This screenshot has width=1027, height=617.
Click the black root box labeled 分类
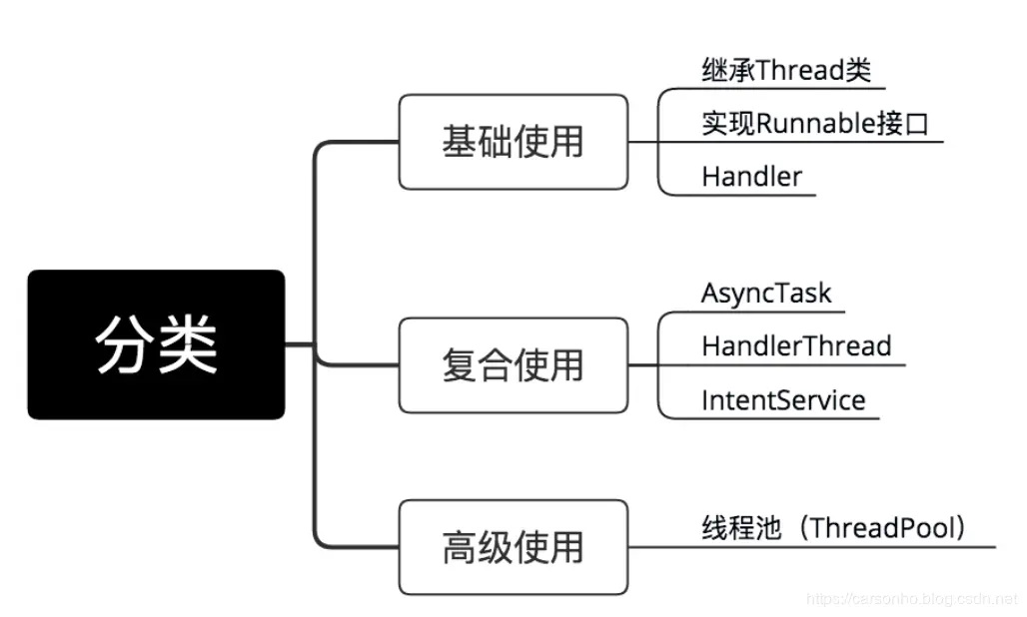point(156,344)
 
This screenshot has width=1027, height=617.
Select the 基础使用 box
point(513,142)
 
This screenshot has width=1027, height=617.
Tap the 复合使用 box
point(513,365)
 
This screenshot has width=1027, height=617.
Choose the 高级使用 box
point(513,548)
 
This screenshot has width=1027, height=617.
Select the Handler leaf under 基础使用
point(751,177)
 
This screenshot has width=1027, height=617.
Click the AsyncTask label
point(766,293)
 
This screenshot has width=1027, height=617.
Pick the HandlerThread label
point(796,346)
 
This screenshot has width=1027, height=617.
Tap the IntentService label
point(783,400)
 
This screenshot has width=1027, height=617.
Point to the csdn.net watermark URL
point(910,599)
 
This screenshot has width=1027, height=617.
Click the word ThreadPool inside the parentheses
point(878,528)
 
